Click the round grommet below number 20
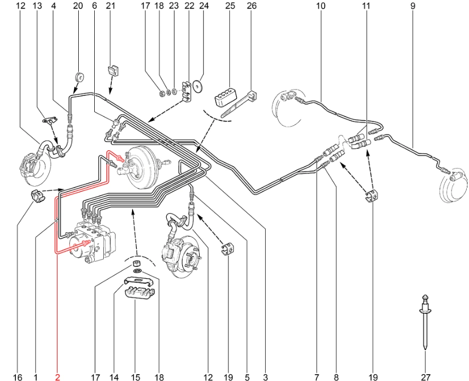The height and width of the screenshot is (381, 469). (x=80, y=76)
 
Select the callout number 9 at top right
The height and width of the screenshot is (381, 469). (x=413, y=6)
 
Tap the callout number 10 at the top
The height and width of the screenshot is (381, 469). (x=320, y=6)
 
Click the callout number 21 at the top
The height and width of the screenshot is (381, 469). (x=111, y=6)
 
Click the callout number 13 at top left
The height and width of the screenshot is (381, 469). (x=37, y=6)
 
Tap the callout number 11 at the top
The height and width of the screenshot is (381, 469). (x=365, y=6)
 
